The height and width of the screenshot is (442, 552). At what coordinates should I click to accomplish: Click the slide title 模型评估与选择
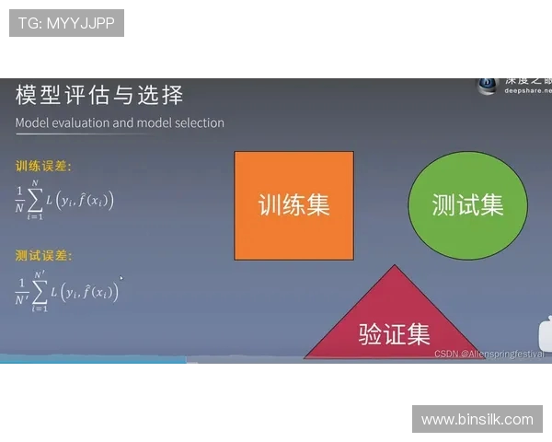pos(99,95)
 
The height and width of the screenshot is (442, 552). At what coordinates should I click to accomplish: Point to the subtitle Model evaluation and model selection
pos(120,122)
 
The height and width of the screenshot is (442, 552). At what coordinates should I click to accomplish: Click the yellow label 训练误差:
pos(43,167)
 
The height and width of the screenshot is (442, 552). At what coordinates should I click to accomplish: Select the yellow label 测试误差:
pos(43,255)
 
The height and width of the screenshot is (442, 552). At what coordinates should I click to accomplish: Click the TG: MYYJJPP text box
pos(66,23)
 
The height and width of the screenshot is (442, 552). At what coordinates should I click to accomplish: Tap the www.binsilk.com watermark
pos(477,419)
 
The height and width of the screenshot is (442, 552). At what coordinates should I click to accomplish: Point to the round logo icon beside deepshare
pos(487,84)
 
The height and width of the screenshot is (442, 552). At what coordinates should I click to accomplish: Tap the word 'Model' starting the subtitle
pos(32,122)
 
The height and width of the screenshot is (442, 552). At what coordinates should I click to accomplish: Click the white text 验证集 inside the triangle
pos(394,333)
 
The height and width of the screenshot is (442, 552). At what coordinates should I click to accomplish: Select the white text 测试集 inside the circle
pos(468,204)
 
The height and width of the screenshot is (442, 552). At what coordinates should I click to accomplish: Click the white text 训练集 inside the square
pos(293,204)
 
